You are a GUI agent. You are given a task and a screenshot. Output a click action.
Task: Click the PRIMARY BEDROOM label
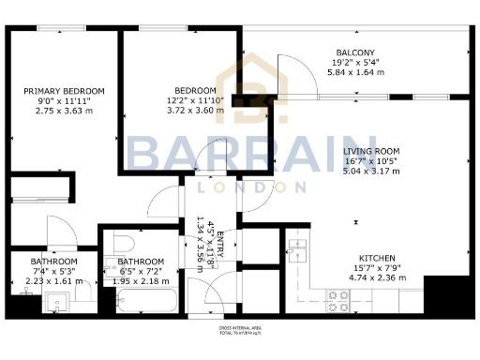pos(64,90)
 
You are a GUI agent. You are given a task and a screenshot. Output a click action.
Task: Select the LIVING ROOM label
pos(371,151)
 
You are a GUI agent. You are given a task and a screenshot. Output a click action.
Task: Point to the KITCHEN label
pos(377,258)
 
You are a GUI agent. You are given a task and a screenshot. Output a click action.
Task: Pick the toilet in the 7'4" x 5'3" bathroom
pos(82,293)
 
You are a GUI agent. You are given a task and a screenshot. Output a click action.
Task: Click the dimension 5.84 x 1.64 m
pos(355,71)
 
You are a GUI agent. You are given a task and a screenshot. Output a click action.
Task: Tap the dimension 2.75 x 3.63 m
pos(64,111)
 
